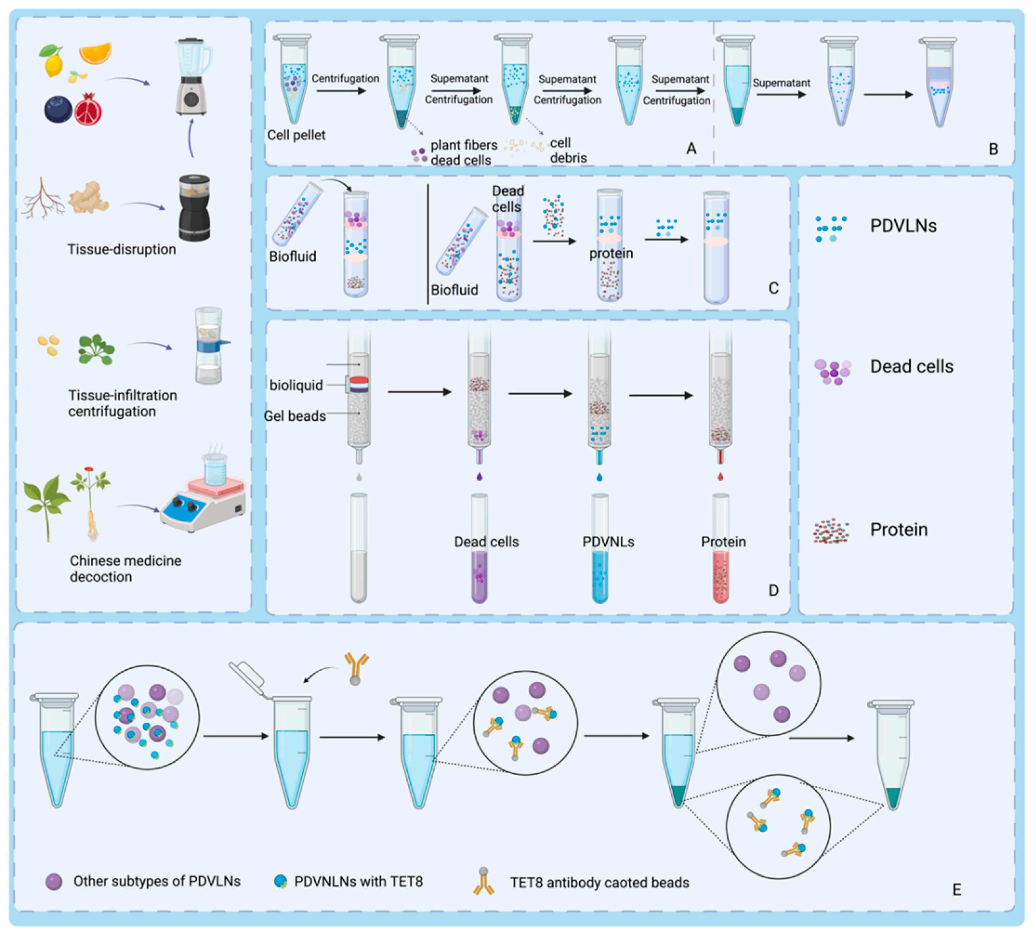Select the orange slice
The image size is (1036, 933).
95,53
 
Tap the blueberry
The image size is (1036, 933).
58,109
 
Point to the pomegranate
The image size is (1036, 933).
88,109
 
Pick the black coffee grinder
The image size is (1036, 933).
194,208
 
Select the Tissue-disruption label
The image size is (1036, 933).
122,250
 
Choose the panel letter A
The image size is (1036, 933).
691,149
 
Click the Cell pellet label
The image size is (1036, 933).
296,135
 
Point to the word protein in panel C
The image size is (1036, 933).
611,254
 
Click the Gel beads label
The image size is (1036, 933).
295,416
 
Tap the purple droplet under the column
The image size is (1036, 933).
479,477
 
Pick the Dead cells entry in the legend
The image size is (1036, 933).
911,367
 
